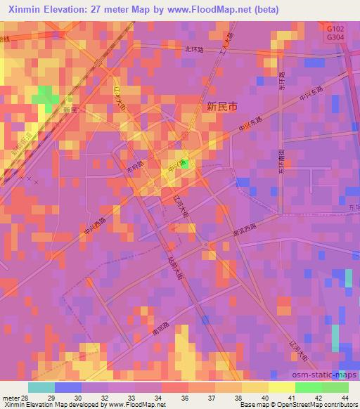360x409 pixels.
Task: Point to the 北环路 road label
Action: (x=195, y=49)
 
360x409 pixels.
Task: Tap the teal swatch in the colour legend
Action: (x=41, y=387)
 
